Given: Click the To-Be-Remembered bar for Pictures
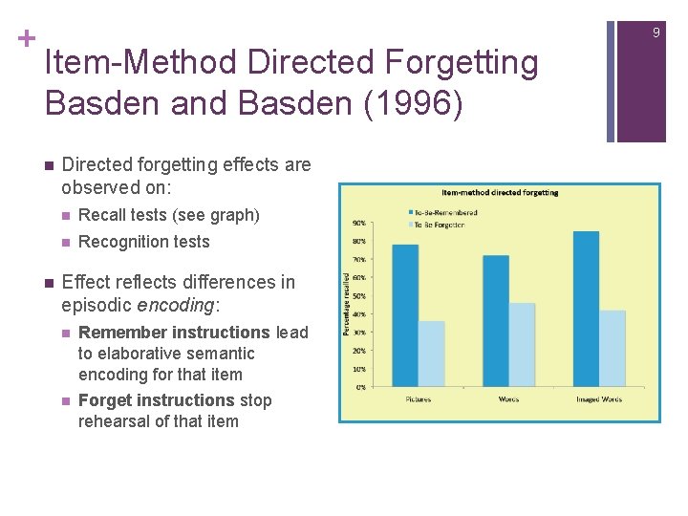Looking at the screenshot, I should point(405,315).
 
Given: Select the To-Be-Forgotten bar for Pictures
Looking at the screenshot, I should point(432,354).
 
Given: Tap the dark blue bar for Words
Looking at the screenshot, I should point(496,320).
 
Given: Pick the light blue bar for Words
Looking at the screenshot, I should point(522,345).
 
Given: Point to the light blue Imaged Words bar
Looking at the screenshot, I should point(613,348).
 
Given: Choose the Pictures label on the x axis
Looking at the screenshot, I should point(418,398).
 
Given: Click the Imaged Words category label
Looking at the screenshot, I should point(599,398).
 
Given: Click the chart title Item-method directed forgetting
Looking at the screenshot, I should point(500,192).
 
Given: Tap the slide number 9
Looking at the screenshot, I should point(656,33).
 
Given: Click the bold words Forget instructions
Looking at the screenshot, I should point(156,400).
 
